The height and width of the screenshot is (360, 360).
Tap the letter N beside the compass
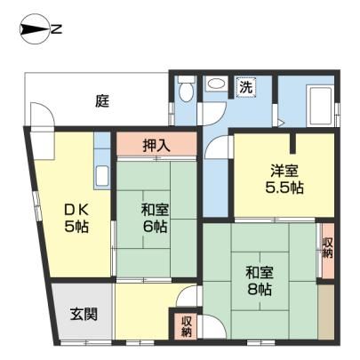pyautogui.click(x=56, y=29)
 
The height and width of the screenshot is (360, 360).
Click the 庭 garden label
pyautogui.click(x=102, y=100)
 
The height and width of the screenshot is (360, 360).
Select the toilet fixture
pyautogui.click(x=186, y=88)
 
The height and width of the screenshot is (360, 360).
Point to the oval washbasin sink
pyautogui.click(x=216, y=84)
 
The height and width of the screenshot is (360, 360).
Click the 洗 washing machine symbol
pyautogui.click(x=246, y=86)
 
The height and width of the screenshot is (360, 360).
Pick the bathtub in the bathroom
pyautogui.click(x=318, y=106)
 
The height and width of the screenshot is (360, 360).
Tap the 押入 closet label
pyautogui.click(x=156, y=145)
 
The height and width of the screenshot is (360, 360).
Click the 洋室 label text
pyautogui.click(x=284, y=171)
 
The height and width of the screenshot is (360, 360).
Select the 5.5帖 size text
pyautogui.click(x=284, y=188)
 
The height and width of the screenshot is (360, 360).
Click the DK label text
pyautogui.click(x=76, y=211)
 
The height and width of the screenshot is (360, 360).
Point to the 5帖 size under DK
pyautogui.click(x=76, y=227)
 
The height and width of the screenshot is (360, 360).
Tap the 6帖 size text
pyautogui.click(x=155, y=227)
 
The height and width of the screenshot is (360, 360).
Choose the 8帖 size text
pyautogui.click(x=260, y=289)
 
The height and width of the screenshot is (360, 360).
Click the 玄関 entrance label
pyautogui.click(x=84, y=314)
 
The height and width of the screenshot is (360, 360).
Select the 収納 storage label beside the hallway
pyautogui.click(x=187, y=327)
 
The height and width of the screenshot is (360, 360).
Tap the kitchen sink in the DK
pyautogui.click(x=102, y=176)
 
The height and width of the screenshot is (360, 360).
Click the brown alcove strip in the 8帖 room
pyautogui.click(x=326, y=312)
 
